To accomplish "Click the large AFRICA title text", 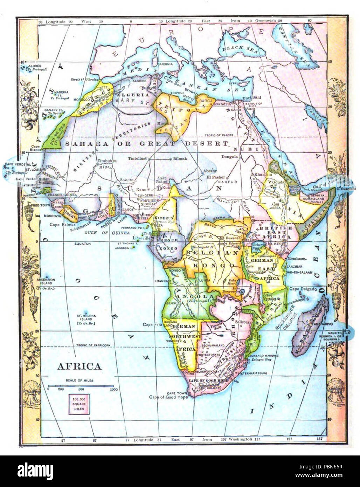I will click(79, 366).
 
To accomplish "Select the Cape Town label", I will click(175, 393).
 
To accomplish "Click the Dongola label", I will click(230, 157).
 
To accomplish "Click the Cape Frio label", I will click(152, 324).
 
